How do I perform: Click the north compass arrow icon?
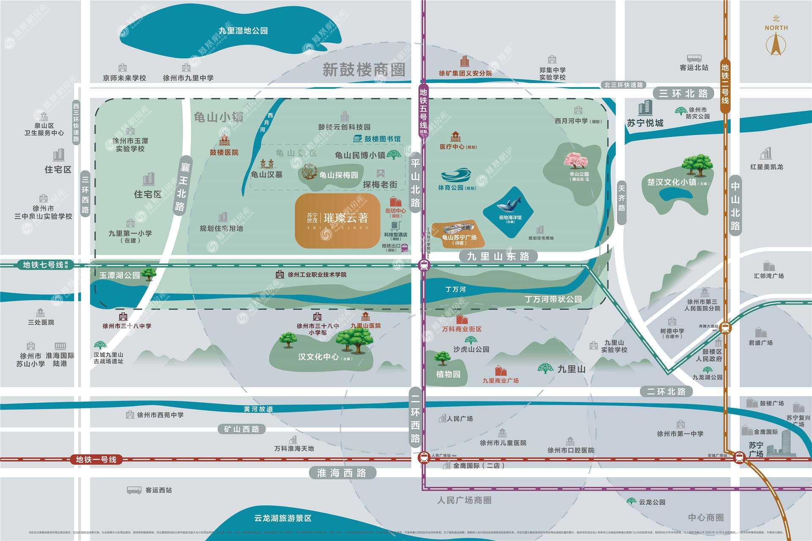[776, 45]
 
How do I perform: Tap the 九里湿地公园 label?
[243, 30]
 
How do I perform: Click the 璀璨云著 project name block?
[337, 220]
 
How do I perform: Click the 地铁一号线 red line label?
[96, 459]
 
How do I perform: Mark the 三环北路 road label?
[683, 93]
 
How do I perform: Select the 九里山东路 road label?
[498, 256]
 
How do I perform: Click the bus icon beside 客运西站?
[134, 490]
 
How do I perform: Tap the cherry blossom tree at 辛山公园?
[576, 161]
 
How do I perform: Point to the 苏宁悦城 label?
[645, 123]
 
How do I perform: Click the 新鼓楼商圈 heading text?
[364, 70]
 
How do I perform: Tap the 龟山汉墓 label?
[266, 174]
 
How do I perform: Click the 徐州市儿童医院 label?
[503, 443]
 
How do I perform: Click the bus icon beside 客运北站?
[694, 58]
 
